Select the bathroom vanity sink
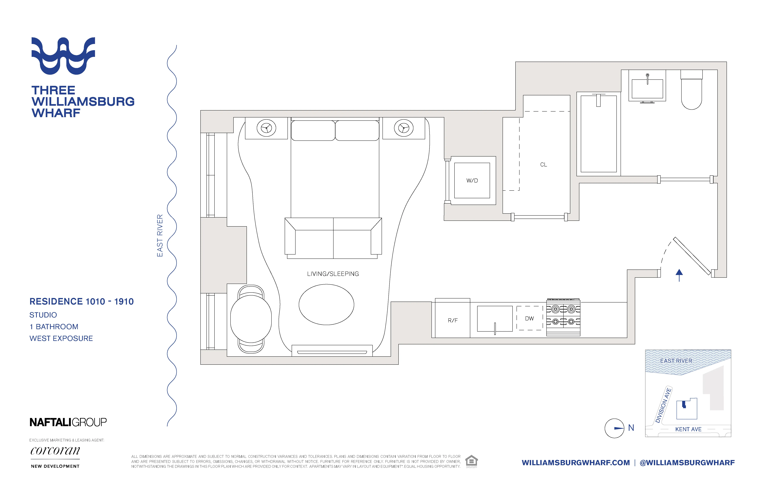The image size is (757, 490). click(647, 88)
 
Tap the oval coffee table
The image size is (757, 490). click(326, 305)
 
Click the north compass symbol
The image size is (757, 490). click(615, 428)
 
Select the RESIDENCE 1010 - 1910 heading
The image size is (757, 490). click(81, 301)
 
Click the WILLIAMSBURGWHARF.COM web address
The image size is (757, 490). click(576, 463)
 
